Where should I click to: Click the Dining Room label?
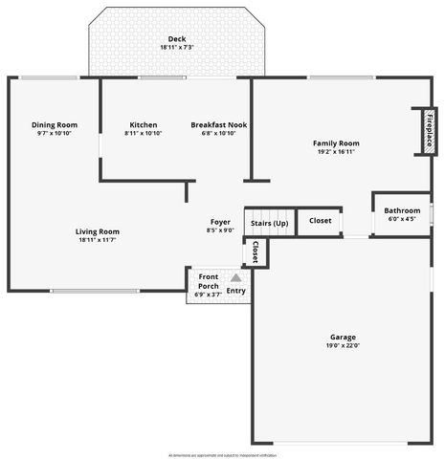[55, 124]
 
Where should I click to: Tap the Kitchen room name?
[144, 124]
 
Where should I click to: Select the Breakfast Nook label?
[218, 124]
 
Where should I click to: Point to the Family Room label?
[336, 142]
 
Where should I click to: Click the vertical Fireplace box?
[429, 130]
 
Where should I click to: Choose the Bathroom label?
[402, 210]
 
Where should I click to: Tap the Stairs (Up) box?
[269, 223]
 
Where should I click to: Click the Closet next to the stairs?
[320, 221]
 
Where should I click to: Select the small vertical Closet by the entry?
[256, 252]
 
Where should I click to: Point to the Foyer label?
[220, 222]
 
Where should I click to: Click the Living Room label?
[98, 230]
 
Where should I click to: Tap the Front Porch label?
[208, 281]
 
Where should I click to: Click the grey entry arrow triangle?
[235, 278]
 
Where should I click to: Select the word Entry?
[235, 291]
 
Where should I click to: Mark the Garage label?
[343, 337]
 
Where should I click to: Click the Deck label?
[176, 38]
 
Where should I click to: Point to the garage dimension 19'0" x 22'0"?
[343, 346]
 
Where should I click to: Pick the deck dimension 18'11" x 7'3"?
[176, 48]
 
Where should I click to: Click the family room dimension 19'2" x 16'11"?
[336, 151]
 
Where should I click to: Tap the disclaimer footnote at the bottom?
[222, 455]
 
